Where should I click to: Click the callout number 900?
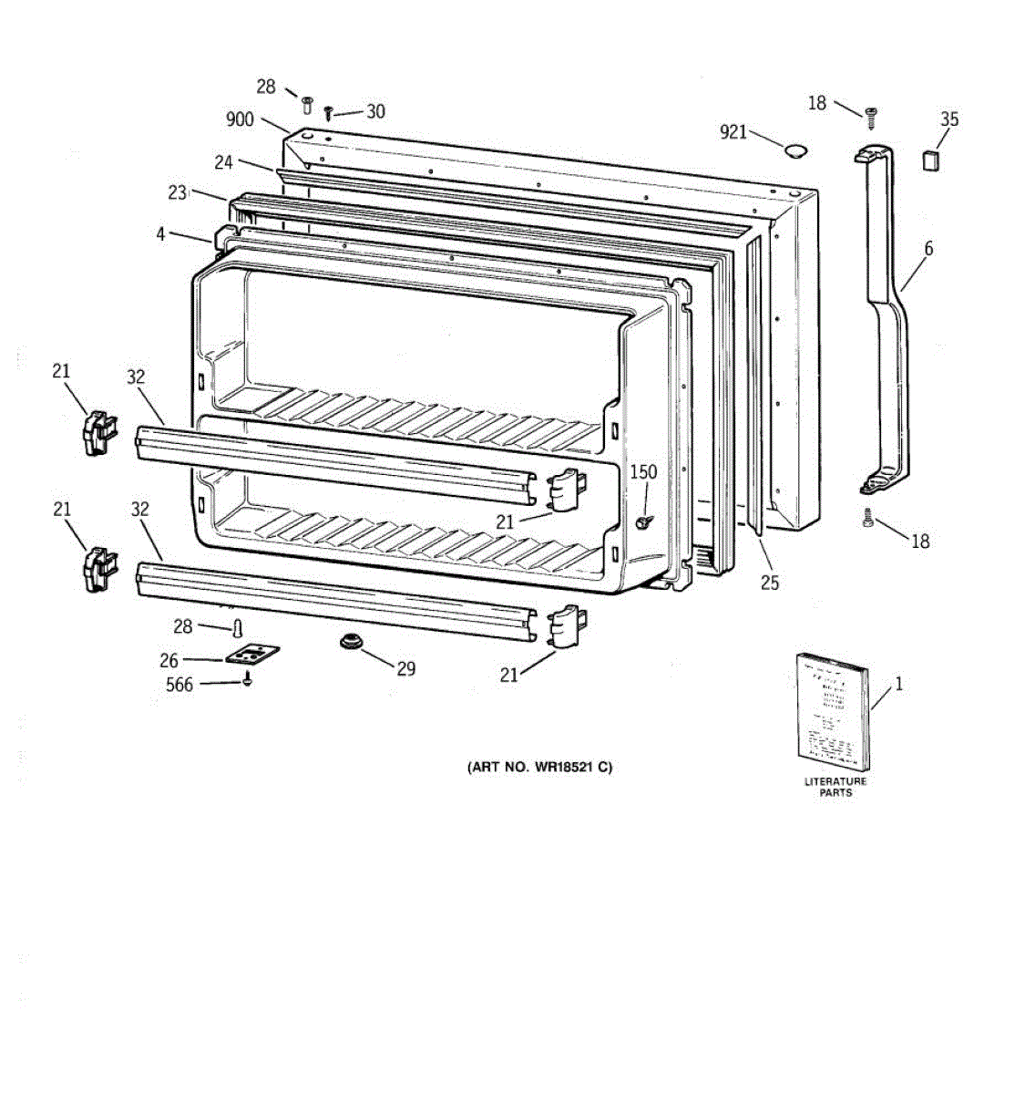241,119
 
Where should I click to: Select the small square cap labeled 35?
929,161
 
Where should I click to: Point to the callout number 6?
928,248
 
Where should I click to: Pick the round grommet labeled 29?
351,643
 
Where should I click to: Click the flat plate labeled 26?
251,655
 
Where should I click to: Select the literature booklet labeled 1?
832,711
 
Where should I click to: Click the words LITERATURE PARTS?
835,787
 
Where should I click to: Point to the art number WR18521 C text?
539,767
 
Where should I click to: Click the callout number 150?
643,472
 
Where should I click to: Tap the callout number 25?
770,583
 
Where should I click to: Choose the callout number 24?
224,162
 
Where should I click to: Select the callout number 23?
178,192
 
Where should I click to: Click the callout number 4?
161,234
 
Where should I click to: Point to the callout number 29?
405,669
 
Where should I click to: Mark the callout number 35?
949,119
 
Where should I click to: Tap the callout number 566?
179,684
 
